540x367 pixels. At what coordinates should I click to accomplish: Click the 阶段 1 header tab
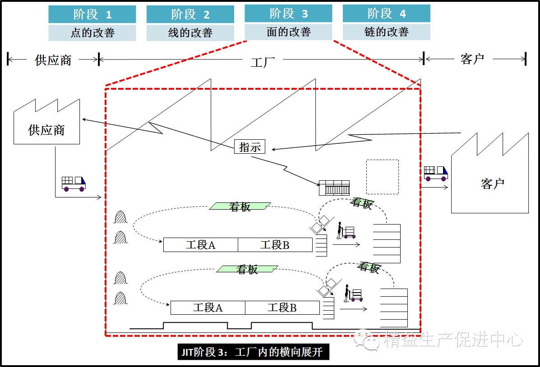coord(92,14)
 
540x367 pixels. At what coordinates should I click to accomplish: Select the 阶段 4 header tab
coord(386,14)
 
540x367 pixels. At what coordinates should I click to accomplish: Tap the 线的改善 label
coord(190,33)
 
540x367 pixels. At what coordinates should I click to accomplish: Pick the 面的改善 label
coord(288,32)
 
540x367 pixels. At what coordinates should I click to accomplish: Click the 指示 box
coord(249,147)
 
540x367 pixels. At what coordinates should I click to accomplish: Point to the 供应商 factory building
coord(46,124)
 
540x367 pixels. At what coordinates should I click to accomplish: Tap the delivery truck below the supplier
coord(73,183)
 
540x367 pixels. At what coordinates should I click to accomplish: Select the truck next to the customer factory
coord(435,173)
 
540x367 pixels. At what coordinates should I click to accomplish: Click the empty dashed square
coord(382,176)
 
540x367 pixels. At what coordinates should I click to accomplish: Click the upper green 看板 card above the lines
coord(240,206)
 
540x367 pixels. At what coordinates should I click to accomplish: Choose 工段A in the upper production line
coord(200,245)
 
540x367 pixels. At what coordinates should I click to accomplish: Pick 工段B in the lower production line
coord(282,308)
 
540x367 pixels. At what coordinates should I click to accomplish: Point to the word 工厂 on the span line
coord(263,62)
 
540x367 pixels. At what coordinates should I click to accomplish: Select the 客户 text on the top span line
coord(472,59)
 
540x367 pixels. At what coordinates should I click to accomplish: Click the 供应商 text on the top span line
coord(53,60)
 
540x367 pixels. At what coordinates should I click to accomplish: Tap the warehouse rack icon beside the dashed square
coord(334,188)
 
